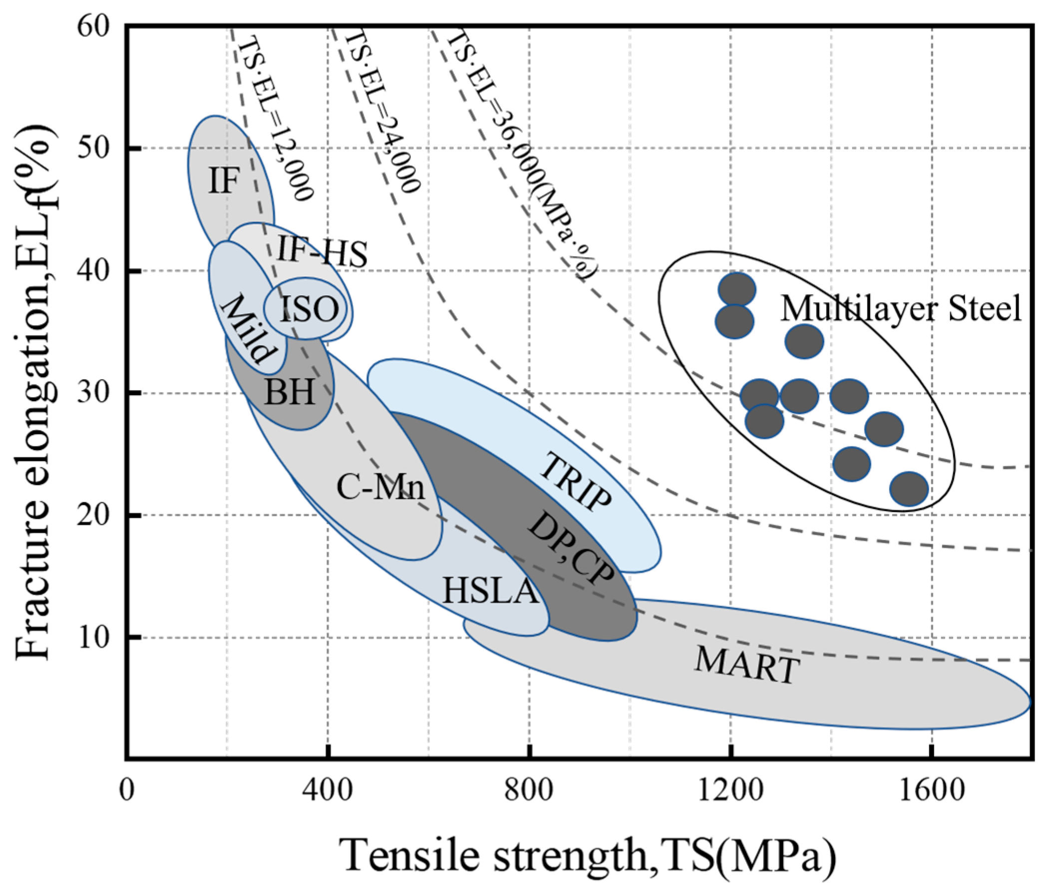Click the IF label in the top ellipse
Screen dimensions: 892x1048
click(x=223, y=180)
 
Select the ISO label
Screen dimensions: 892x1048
click(x=309, y=309)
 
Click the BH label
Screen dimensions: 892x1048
click(x=290, y=392)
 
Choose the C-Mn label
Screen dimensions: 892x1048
click(x=380, y=487)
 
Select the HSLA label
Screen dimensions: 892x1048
click(x=489, y=590)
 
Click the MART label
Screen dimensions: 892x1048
click(x=747, y=666)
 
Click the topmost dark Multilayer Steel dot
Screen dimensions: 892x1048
click(x=736, y=289)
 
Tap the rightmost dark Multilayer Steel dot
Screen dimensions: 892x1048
click(x=909, y=488)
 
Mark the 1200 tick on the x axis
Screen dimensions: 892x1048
click(x=730, y=790)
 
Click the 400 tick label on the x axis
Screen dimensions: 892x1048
click(x=328, y=790)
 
